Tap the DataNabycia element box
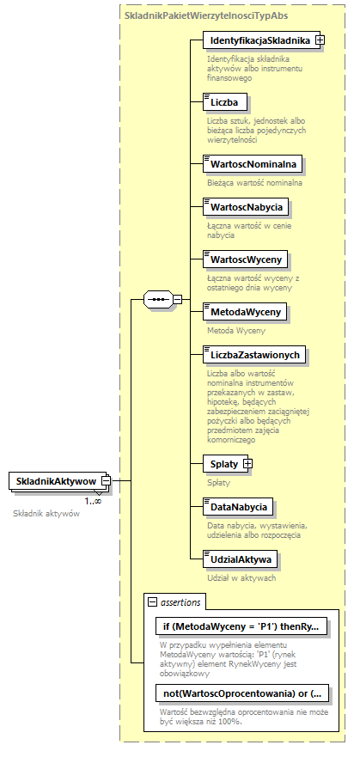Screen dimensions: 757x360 click(x=236, y=507)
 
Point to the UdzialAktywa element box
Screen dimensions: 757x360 click(x=238, y=559)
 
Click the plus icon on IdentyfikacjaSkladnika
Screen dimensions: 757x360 click(x=320, y=40)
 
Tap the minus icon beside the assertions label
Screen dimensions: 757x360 click(x=153, y=602)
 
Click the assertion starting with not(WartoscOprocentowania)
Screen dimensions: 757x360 click(x=241, y=693)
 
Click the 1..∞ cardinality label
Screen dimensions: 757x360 click(x=93, y=501)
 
